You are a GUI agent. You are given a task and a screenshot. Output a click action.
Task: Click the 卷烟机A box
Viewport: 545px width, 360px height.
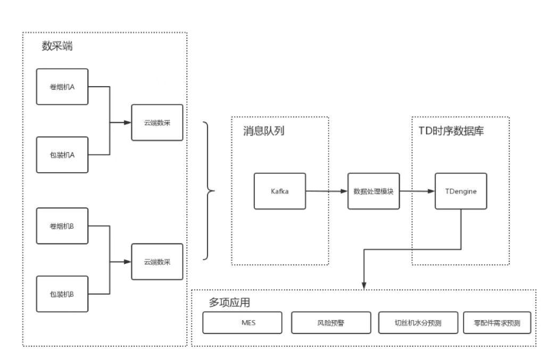(x=62, y=87)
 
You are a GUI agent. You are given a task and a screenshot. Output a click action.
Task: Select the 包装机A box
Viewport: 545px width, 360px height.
(x=62, y=155)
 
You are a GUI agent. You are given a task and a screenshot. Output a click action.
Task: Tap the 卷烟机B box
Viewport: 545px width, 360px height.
(x=62, y=226)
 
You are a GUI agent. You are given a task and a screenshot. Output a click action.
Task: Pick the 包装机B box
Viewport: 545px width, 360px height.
(x=62, y=294)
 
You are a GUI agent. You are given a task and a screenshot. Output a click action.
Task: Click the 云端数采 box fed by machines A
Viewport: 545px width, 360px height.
(x=157, y=122)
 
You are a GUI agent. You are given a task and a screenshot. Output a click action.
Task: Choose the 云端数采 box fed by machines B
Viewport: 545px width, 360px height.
(x=157, y=262)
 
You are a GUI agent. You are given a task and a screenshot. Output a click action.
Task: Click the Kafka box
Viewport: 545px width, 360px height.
(x=280, y=191)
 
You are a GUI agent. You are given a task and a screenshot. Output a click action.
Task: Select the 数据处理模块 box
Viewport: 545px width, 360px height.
(x=374, y=191)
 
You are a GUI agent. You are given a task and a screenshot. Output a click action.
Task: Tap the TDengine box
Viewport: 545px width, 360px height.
(x=461, y=191)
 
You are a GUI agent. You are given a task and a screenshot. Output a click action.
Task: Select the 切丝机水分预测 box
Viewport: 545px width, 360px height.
(x=418, y=323)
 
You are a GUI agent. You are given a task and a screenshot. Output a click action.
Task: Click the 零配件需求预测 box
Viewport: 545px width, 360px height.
(x=497, y=323)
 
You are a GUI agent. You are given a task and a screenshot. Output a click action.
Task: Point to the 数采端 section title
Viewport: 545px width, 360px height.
(x=57, y=46)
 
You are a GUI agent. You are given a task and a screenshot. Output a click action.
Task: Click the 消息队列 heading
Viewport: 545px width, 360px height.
(x=263, y=131)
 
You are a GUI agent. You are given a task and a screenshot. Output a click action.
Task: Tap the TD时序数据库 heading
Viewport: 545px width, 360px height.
(x=451, y=131)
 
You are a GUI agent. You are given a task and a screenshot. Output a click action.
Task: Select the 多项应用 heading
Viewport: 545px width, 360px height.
(x=229, y=303)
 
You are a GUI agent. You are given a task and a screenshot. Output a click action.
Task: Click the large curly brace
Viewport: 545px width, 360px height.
(x=209, y=190)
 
